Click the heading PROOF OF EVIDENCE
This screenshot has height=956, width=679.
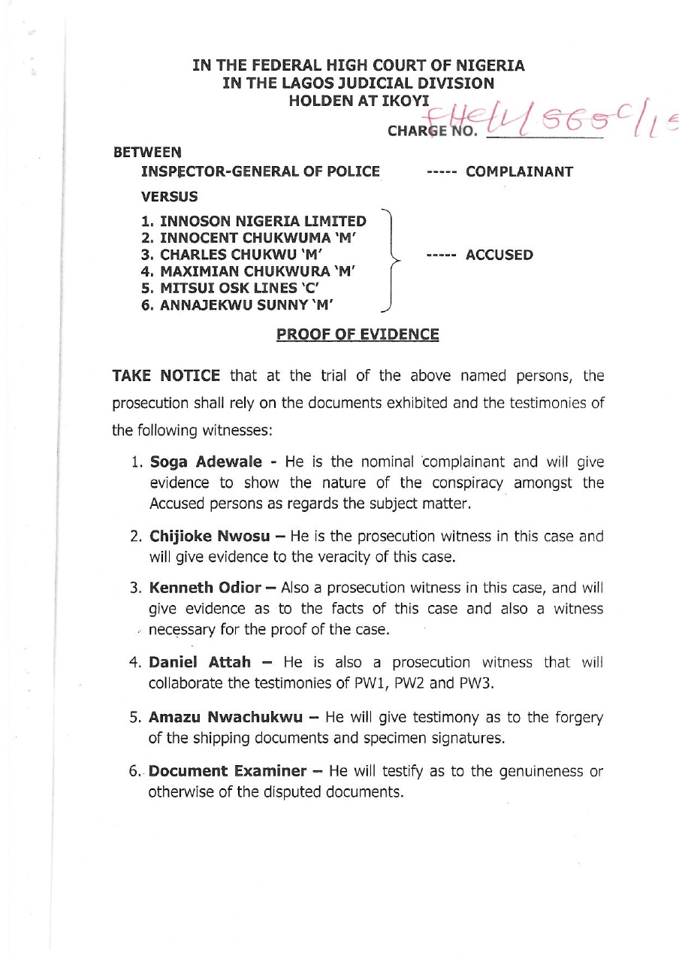[358, 334]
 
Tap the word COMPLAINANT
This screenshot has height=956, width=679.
[519, 171]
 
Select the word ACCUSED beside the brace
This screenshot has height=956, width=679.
[499, 255]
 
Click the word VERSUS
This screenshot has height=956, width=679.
[170, 197]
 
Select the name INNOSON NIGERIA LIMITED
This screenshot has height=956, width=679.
[263, 222]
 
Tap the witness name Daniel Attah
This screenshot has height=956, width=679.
[200, 662]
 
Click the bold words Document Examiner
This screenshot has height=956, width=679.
[228, 771]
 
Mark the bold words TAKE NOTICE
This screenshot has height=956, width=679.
[166, 376]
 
